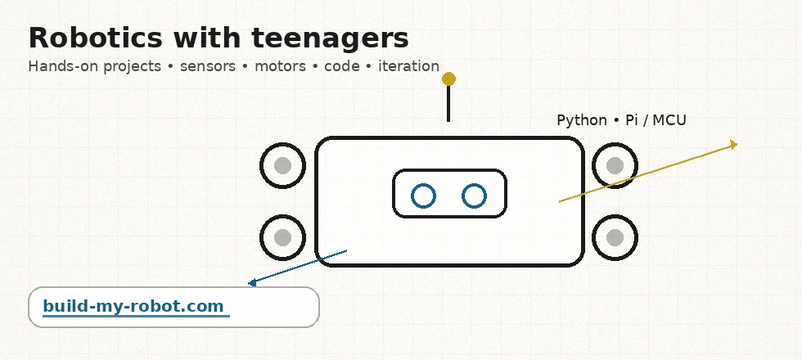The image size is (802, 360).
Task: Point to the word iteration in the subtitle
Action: click(408, 66)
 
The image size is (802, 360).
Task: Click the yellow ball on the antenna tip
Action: click(448, 79)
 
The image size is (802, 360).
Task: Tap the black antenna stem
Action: click(448, 105)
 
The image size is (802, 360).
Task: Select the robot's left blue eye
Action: click(423, 196)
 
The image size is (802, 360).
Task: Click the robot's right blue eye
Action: click(475, 196)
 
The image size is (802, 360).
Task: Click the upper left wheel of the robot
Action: click(282, 166)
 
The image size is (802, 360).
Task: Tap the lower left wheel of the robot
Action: click(282, 237)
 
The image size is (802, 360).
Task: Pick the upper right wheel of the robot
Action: click(615, 166)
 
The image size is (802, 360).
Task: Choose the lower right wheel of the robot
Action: click(615, 237)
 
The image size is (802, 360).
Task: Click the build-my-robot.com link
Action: click(133, 307)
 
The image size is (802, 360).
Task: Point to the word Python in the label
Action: click(581, 120)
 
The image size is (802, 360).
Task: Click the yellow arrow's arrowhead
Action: click(734, 145)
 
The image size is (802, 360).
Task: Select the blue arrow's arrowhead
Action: click(252, 283)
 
